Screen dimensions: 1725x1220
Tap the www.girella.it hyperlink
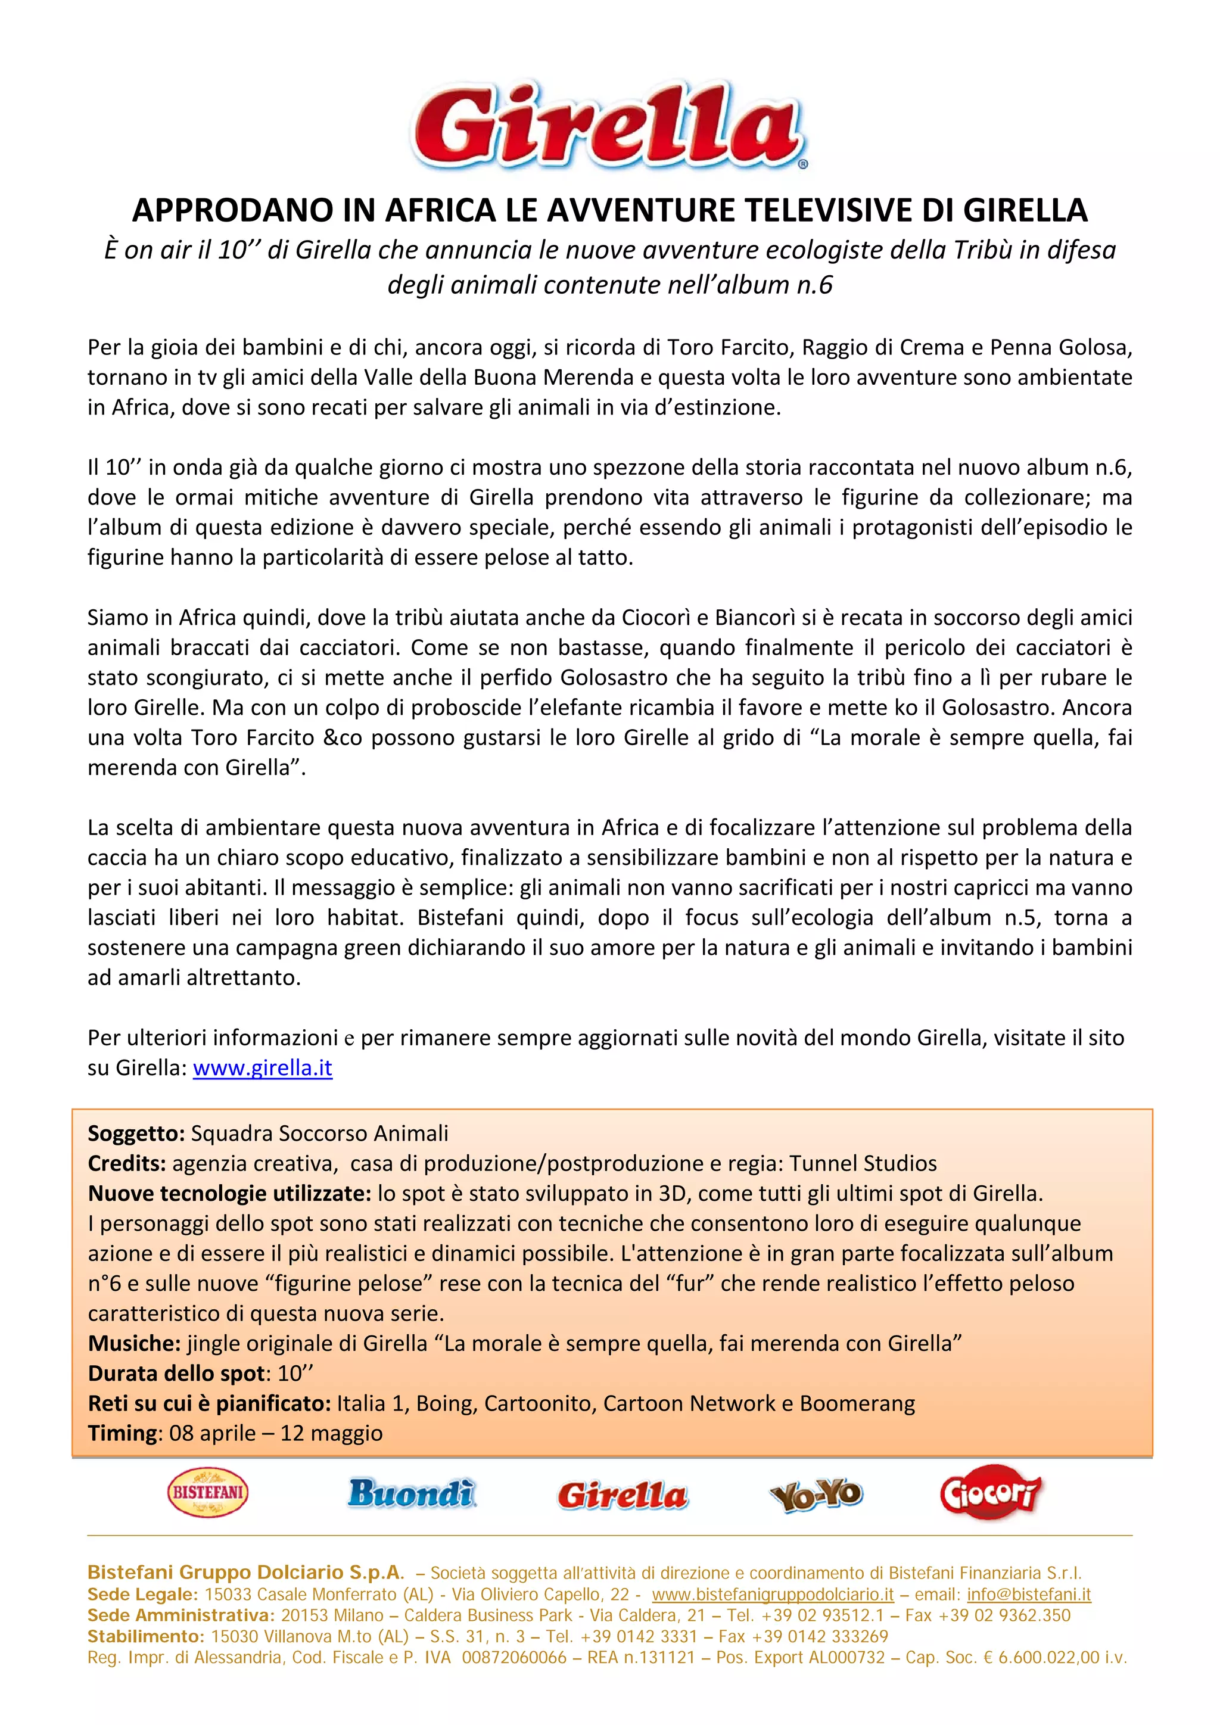coord(262,1067)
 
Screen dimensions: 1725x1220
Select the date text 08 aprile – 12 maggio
coord(276,1433)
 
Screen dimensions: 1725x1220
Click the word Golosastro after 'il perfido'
coord(614,678)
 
